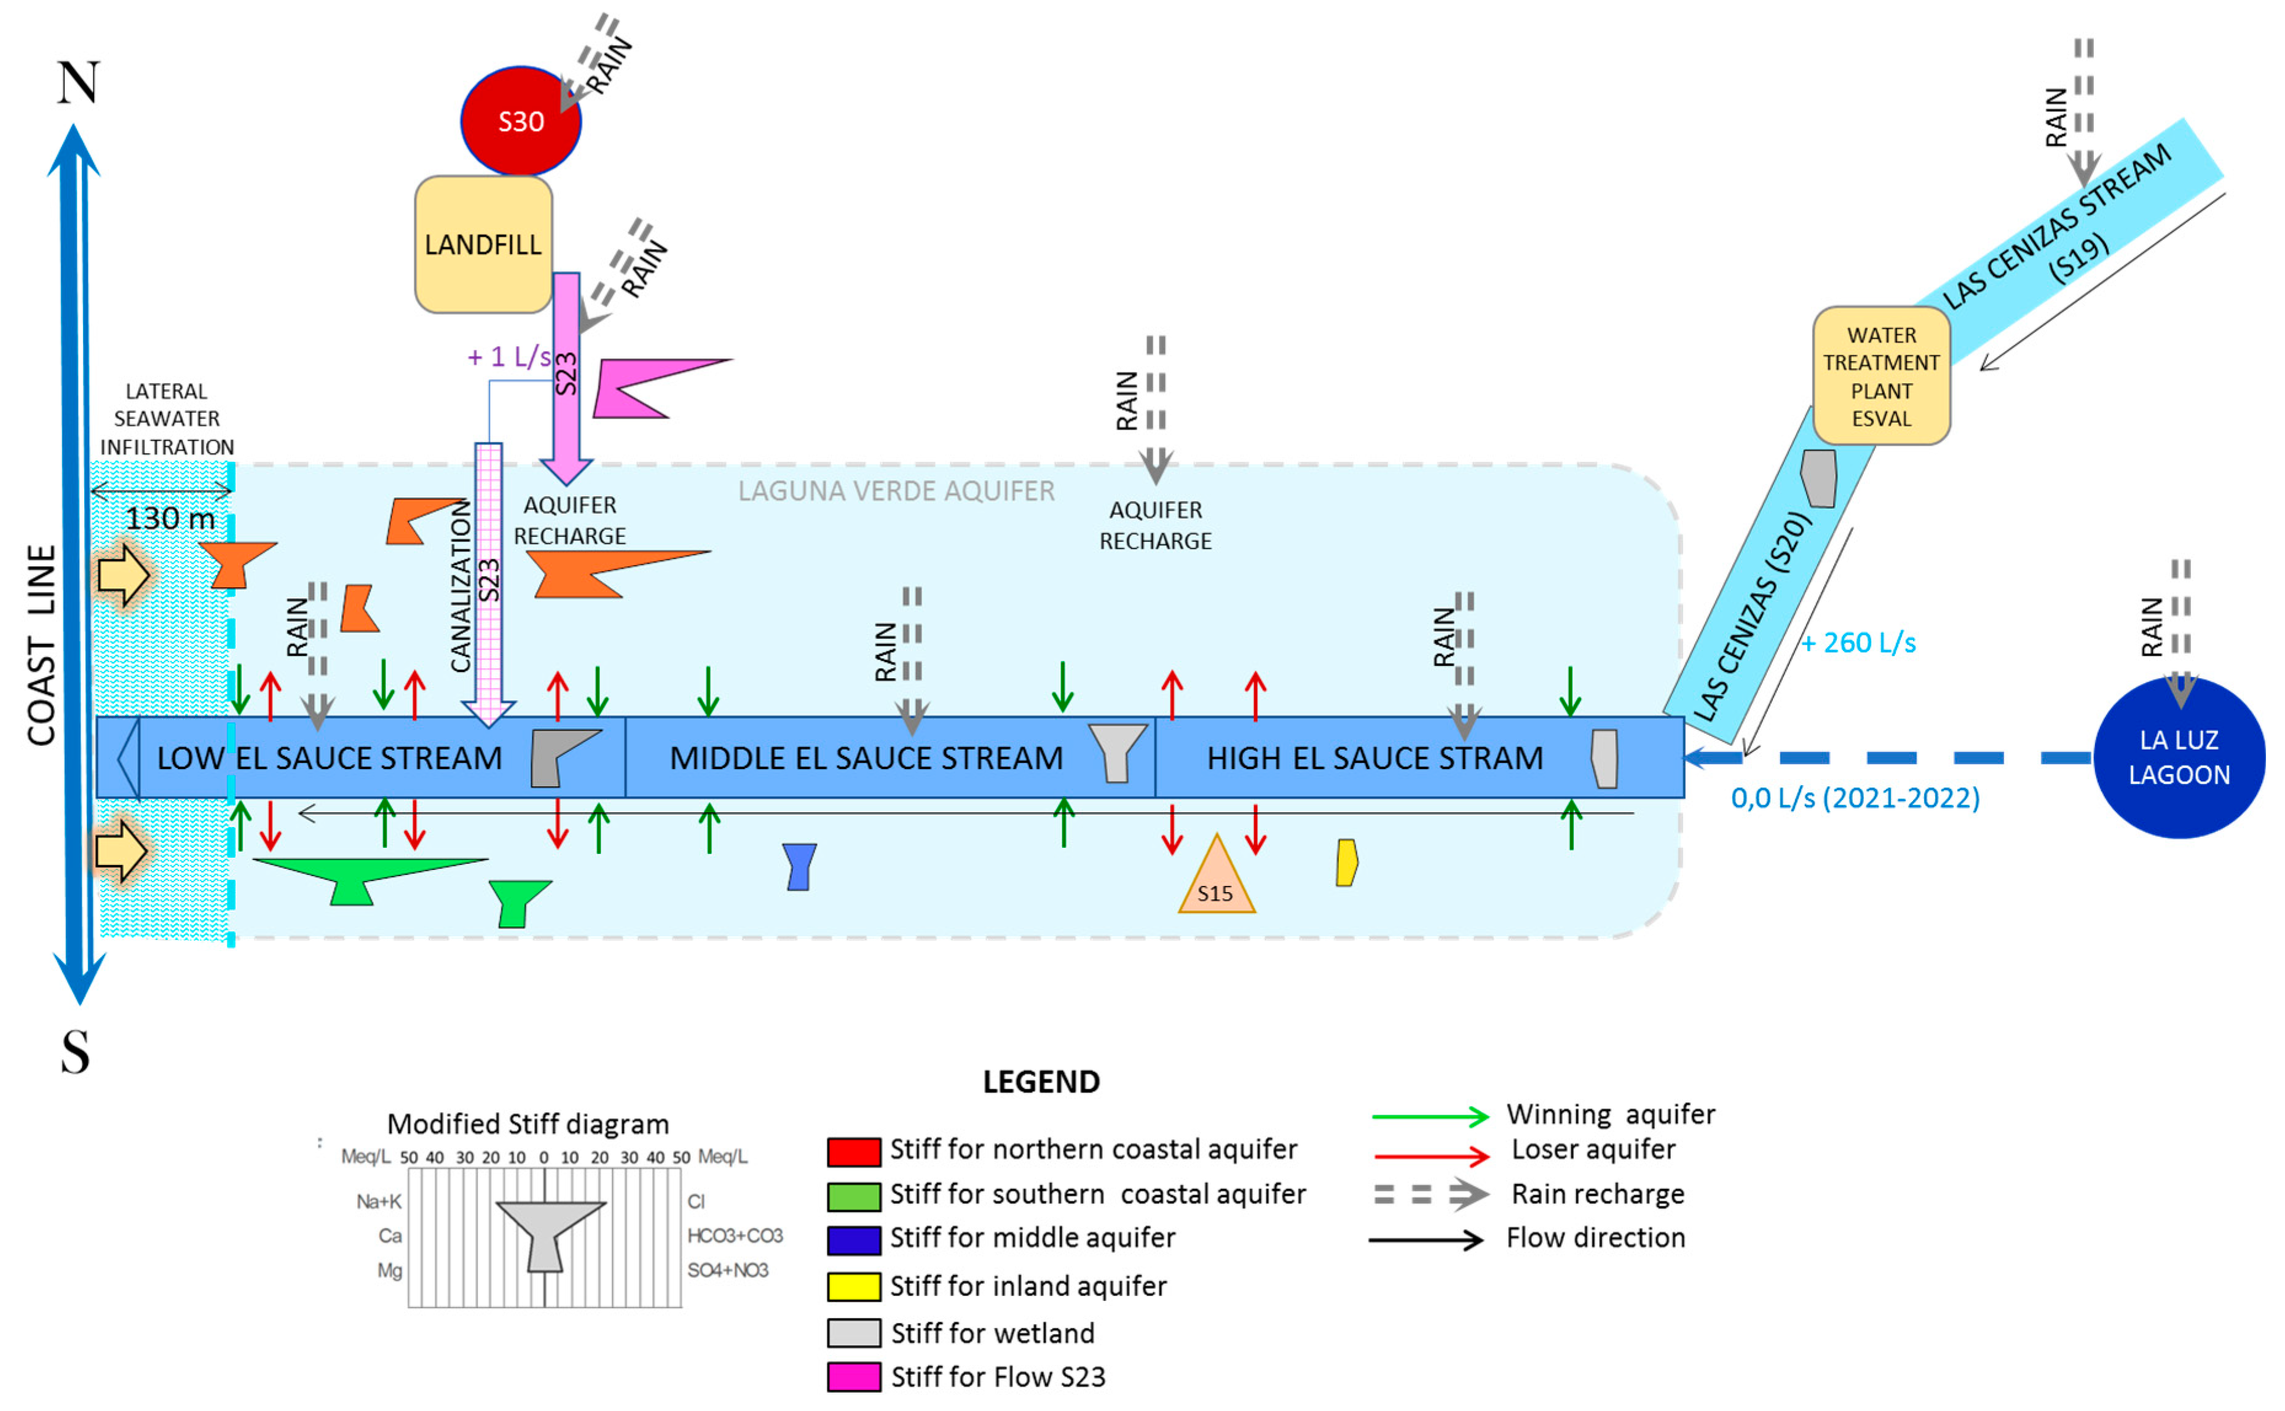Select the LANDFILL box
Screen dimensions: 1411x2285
click(483, 245)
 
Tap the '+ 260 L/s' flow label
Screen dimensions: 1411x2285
click(1858, 643)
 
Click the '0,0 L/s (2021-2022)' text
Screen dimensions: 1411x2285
click(1855, 798)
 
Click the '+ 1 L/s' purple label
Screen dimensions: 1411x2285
click(508, 357)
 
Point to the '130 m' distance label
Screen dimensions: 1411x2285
click(170, 518)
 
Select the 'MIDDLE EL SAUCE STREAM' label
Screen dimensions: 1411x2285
click(866, 757)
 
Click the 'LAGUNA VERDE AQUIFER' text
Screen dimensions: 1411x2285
click(896, 491)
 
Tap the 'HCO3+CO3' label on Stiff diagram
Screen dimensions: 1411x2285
click(734, 1236)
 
